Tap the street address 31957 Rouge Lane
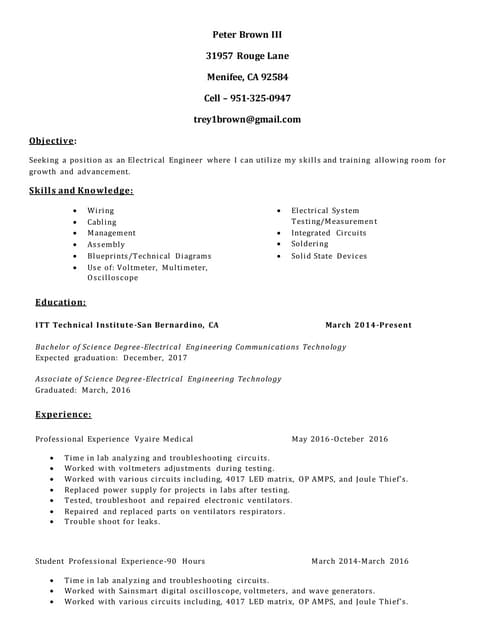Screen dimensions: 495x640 (247, 56)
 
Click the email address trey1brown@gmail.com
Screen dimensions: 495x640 (247, 119)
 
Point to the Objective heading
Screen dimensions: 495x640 (53, 141)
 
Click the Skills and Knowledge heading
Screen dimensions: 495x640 (81, 190)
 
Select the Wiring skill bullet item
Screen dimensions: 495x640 (101, 211)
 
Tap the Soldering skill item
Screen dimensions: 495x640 (309, 244)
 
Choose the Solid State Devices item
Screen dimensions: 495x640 (329, 256)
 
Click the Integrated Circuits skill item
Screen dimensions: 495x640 (329, 233)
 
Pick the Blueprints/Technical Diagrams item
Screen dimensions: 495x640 (149, 256)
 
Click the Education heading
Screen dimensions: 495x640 (60, 301)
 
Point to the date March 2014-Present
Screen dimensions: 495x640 (368, 325)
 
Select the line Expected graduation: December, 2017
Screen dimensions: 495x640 (111, 357)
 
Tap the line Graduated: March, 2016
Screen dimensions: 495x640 (83, 390)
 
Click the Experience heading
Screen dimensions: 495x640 (63, 413)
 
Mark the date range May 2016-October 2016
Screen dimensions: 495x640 (339, 439)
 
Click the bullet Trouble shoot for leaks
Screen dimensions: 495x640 (112, 521)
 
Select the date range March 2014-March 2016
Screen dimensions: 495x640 (359, 561)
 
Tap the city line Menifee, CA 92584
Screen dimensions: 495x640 (247, 77)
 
